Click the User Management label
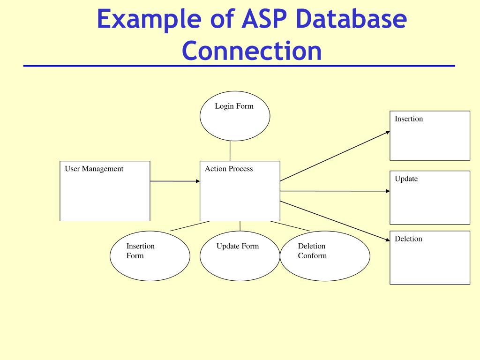click(94, 169)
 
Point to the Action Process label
click(229, 169)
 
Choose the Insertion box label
click(409, 119)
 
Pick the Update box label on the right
click(406, 179)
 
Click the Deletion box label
click(408, 239)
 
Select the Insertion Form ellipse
click(150, 256)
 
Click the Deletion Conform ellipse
click(325, 256)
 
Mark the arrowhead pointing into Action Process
click(197, 181)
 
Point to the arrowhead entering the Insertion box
click(387, 132)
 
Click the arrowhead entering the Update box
click(387, 191)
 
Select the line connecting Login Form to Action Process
click(230, 151)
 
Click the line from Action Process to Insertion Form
click(190, 226)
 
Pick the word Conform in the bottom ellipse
click(312, 256)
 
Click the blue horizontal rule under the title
click(239, 66)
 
